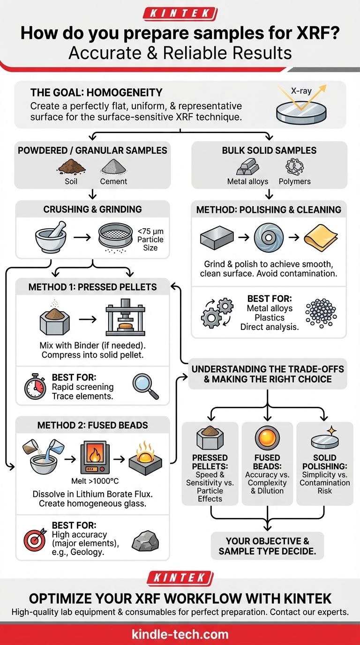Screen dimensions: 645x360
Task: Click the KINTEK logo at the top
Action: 180,13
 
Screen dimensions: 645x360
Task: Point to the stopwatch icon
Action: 36,387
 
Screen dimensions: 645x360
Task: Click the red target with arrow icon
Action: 36,539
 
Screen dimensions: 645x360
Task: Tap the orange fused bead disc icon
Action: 267,438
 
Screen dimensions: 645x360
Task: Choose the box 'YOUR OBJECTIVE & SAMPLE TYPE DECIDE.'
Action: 267,546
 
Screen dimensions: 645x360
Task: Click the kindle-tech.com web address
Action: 180,635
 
